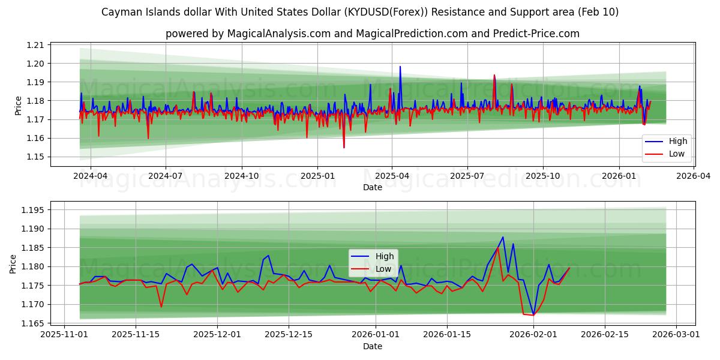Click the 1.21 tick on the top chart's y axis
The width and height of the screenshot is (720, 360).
click(36, 45)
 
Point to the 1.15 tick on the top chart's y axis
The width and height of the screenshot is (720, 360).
click(36, 157)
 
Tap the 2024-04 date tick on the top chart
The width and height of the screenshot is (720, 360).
click(91, 176)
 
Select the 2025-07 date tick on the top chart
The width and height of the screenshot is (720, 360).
click(467, 176)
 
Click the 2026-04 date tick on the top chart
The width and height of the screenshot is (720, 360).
click(694, 176)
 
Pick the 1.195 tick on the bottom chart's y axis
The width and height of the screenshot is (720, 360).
click(33, 210)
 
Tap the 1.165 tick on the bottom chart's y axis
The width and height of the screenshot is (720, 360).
click(33, 323)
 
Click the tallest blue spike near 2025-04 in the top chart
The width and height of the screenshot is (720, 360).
click(400, 67)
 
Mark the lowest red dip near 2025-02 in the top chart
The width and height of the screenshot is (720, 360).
click(344, 148)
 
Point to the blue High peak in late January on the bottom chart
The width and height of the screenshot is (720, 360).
click(503, 237)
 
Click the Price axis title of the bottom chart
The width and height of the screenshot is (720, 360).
click(13, 263)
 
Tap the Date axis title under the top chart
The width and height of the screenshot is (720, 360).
click(372, 187)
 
